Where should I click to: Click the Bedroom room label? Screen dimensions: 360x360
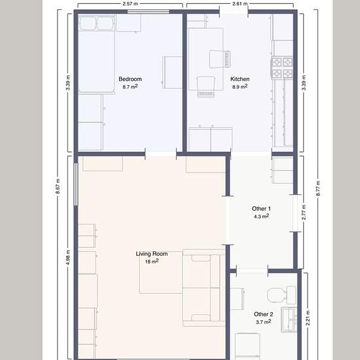click(130, 79)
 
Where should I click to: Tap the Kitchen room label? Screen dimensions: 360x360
click(240, 79)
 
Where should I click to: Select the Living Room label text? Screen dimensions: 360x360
click(151, 253)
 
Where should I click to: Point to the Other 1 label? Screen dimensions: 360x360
click(261, 209)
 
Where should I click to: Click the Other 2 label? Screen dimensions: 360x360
click(263, 314)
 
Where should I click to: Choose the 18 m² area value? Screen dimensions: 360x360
click(151, 261)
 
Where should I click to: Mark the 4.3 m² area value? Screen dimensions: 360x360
click(261, 216)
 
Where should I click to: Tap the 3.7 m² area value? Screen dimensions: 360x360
click(263, 322)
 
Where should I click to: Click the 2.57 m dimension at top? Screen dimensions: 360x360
click(130, 4)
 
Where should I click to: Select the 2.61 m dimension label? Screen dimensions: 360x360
click(240, 4)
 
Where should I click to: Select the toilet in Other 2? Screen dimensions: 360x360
click(285, 294)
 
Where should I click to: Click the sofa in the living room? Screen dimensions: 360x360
click(202, 288)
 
